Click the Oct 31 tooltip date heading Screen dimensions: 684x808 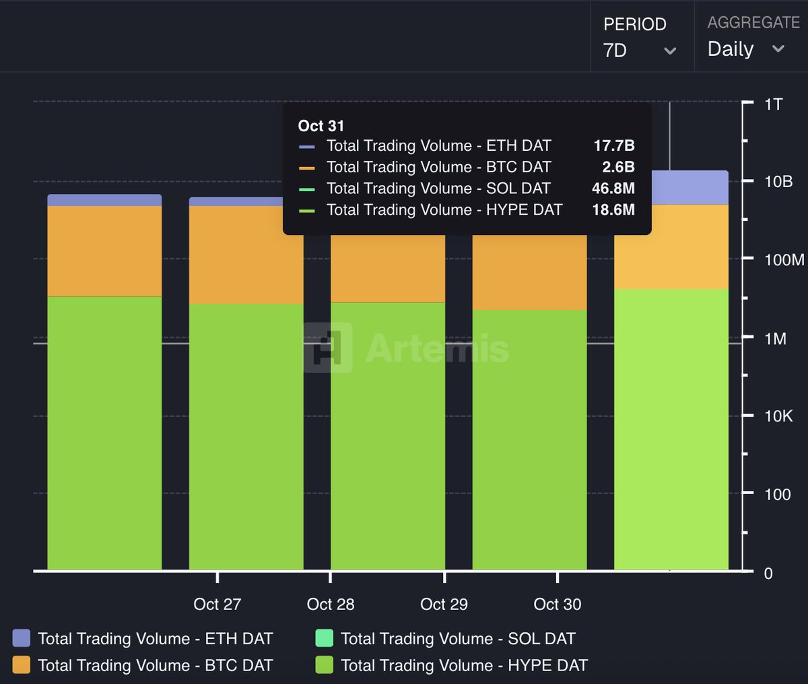(x=321, y=126)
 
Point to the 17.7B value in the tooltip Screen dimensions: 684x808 (x=613, y=145)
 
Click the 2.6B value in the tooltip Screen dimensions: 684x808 (x=618, y=167)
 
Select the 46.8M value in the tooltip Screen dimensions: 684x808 (x=613, y=189)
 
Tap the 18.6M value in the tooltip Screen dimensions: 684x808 (x=613, y=210)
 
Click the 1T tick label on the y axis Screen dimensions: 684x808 (x=774, y=104)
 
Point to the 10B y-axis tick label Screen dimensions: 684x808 (x=778, y=182)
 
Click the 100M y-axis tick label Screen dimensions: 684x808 (x=784, y=260)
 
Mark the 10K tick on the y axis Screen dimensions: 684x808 (x=778, y=416)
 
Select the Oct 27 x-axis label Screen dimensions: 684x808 (x=217, y=604)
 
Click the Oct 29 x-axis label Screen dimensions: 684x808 (x=444, y=604)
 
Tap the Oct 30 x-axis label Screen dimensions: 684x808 (x=557, y=604)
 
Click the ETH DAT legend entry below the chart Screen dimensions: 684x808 (x=155, y=638)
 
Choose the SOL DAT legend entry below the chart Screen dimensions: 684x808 (x=458, y=638)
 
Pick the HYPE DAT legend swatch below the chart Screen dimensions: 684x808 (x=324, y=665)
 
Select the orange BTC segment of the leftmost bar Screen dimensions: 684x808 (x=104, y=250)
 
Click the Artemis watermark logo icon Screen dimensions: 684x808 (x=328, y=347)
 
